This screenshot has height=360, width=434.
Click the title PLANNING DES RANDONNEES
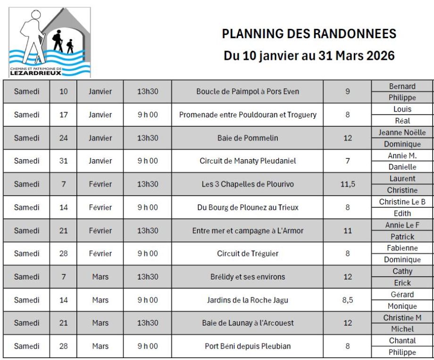[x=309, y=34]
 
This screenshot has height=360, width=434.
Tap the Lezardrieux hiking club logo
[x=50, y=42]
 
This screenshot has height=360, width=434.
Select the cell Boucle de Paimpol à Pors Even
[x=248, y=91]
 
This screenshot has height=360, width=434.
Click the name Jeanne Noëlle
[x=402, y=132]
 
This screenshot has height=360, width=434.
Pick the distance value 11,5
[x=347, y=184]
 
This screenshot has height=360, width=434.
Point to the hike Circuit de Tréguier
[x=248, y=254]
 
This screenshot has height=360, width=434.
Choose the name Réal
[x=402, y=121]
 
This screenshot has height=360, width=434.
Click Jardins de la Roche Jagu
[x=248, y=300]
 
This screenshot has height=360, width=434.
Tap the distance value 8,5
[x=347, y=300]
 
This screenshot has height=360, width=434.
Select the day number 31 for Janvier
[x=64, y=161]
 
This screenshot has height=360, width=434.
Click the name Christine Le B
[x=402, y=202]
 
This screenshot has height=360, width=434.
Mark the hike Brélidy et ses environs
[x=248, y=277]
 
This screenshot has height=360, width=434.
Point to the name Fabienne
[x=402, y=248]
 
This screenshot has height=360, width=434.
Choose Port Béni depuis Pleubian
[x=248, y=346]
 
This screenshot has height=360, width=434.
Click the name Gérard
[x=402, y=295]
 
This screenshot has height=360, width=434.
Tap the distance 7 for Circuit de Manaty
[x=347, y=161]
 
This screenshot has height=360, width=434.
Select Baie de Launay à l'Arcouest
[x=248, y=323]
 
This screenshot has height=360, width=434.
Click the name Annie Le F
[x=402, y=225]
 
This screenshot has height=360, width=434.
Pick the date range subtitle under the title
[x=309, y=56]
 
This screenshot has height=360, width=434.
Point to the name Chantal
[x=402, y=341]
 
